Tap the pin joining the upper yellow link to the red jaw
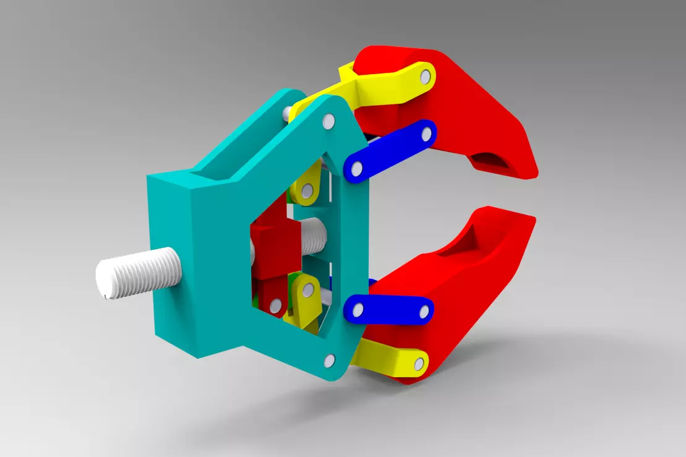tap(425, 77)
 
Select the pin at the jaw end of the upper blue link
tap(426, 133)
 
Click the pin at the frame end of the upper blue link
tap(356, 168)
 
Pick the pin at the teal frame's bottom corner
tap(330, 361)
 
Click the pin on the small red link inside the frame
tap(276, 305)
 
